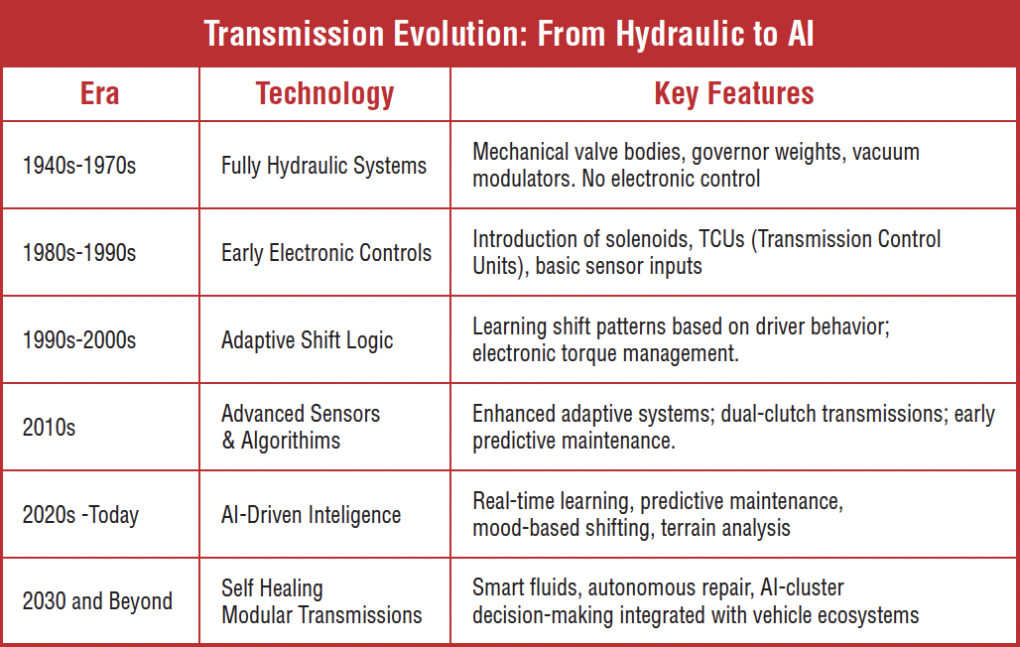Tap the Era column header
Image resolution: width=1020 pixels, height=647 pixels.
click(x=99, y=93)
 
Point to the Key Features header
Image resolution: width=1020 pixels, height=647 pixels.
click(x=734, y=94)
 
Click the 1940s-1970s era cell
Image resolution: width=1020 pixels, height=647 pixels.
click(x=79, y=166)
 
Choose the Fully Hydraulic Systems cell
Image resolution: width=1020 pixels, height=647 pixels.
click(x=323, y=166)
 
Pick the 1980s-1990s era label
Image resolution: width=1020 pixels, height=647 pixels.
click(x=79, y=253)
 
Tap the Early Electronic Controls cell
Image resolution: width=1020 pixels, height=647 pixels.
click(x=326, y=253)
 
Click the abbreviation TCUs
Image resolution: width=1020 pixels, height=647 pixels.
click(x=721, y=239)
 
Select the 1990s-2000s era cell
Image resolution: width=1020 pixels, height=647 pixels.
click(x=79, y=339)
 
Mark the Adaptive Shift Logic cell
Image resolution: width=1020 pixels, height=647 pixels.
click(x=307, y=340)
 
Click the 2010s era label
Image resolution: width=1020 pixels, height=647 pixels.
click(x=49, y=428)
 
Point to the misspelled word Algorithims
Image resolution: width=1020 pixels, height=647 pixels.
click(x=291, y=442)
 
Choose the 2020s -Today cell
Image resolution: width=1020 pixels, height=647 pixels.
click(x=80, y=515)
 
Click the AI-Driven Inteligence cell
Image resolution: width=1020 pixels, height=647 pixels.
click(x=311, y=515)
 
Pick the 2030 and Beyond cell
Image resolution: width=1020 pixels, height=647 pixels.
click(x=97, y=601)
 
